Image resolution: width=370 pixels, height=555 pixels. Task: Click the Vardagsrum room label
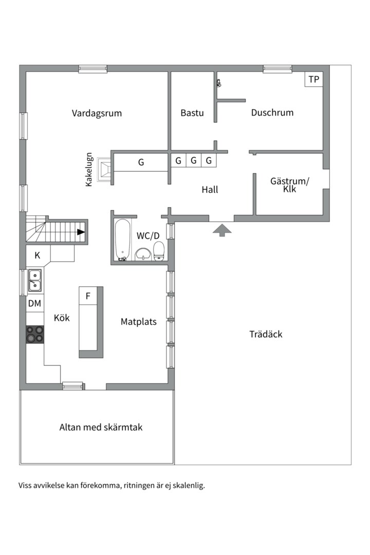97,113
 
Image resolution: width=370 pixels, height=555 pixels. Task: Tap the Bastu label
192,113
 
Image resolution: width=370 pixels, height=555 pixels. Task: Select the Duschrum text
272,113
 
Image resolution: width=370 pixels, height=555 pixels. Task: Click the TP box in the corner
313,79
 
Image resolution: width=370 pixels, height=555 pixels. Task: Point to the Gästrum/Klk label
290,184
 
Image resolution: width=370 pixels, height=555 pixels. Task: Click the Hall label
210,190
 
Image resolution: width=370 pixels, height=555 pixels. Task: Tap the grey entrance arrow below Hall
222,230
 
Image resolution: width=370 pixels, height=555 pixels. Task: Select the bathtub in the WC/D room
122,239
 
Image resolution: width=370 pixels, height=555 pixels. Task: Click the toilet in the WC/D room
159,251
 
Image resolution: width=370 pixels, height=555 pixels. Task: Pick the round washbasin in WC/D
142,254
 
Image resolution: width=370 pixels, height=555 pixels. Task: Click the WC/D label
148,235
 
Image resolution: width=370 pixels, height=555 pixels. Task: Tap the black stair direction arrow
81,232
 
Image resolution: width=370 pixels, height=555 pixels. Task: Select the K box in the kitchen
38,255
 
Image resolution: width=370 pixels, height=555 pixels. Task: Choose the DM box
34,304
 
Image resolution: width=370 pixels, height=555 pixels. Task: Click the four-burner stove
35,334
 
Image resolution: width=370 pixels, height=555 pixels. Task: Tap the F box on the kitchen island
88,296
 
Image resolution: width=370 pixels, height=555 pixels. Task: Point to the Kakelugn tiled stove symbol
106,169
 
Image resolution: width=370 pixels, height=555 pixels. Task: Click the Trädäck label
266,334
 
